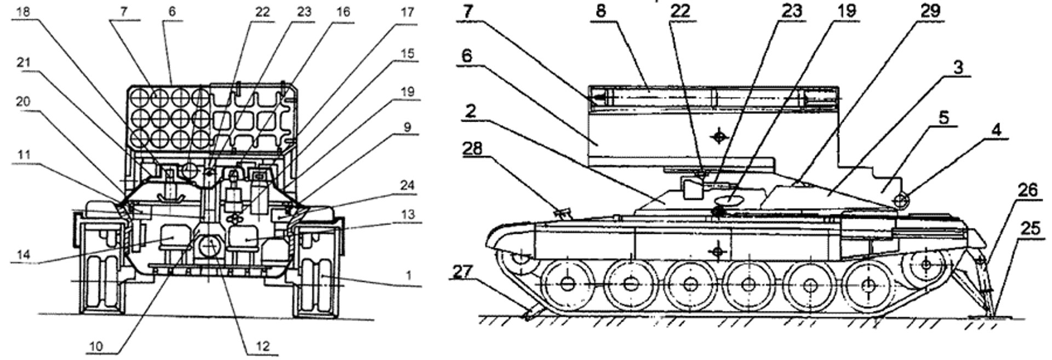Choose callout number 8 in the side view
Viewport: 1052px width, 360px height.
click(x=601, y=11)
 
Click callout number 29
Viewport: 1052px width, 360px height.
click(x=930, y=11)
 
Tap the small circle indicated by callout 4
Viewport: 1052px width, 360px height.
click(x=900, y=201)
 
